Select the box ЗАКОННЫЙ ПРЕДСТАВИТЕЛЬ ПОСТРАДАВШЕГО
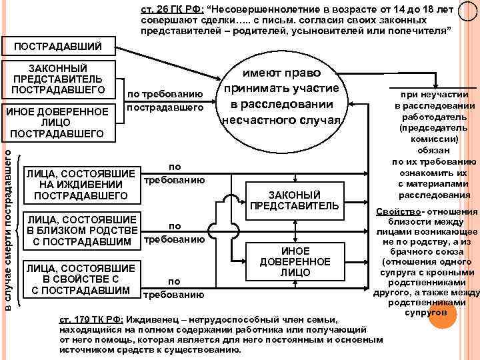click(58, 79)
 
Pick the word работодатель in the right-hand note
click(434, 117)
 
